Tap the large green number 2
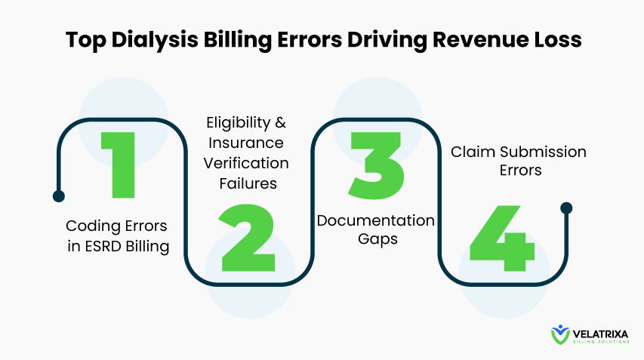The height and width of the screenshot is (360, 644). pos(247,238)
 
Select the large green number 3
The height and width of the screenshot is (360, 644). pos(377,165)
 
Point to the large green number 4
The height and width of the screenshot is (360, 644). pos(502,238)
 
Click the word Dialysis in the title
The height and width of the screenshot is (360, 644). pos(155,40)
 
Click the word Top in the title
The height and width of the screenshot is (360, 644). pos(85,40)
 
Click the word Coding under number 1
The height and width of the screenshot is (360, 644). pos(93,226)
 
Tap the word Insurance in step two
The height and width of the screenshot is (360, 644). pos(245,143)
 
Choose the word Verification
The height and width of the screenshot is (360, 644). pos(245,163)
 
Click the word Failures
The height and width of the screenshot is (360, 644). pos(248,183)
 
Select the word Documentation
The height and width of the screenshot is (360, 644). pos(376,220)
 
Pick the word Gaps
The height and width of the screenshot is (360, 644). pos(377,239)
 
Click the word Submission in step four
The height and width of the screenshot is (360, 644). pos(543,152)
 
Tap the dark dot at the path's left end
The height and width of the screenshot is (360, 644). pos(59,196)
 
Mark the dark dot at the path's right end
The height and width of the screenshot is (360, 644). pos(566,208)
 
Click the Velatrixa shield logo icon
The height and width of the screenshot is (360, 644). pos(560,335)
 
